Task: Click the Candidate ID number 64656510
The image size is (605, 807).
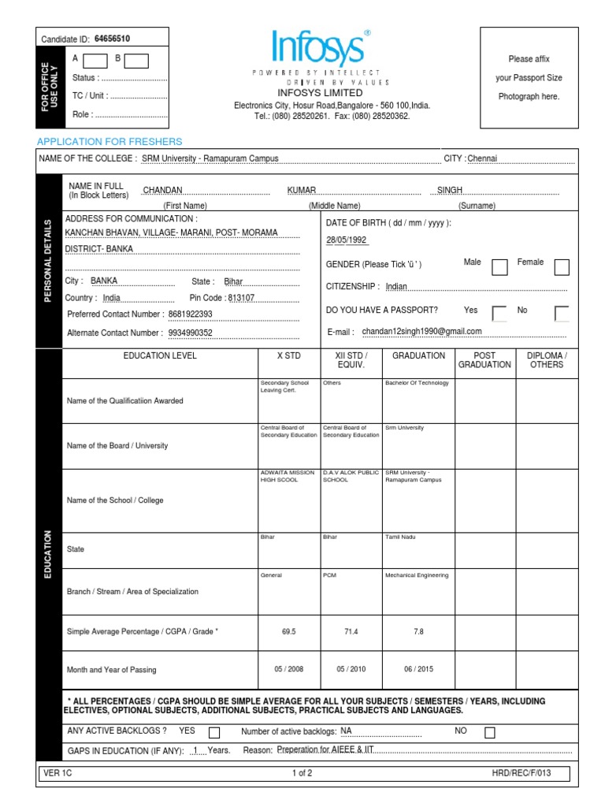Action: [x=112, y=39]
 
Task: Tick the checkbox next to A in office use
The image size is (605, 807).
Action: [x=95, y=61]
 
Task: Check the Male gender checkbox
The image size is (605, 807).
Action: [x=499, y=267]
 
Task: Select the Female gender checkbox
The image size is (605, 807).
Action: [x=561, y=267]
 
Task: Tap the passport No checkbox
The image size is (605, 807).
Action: [x=561, y=314]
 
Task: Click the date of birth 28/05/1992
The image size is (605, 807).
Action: [x=346, y=240]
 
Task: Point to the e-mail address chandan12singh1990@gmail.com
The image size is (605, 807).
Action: [x=421, y=332]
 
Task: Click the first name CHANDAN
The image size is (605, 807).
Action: [x=162, y=191]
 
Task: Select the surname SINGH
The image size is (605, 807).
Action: [x=450, y=191]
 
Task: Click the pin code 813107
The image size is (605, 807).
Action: [x=241, y=299]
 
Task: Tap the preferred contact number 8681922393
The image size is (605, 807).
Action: [x=191, y=314]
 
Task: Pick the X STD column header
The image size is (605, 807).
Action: [x=290, y=356]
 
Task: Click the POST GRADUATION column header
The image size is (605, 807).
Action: [x=484, y=360]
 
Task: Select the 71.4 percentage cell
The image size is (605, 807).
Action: [x=351, y=632]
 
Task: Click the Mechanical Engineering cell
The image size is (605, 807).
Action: [x=417, y=575]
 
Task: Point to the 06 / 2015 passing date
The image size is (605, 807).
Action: [x=418, y=670]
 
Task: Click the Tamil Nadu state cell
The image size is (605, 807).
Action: [x=400, y=537]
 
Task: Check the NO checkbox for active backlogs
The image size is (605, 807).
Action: [x=490, y=733]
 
